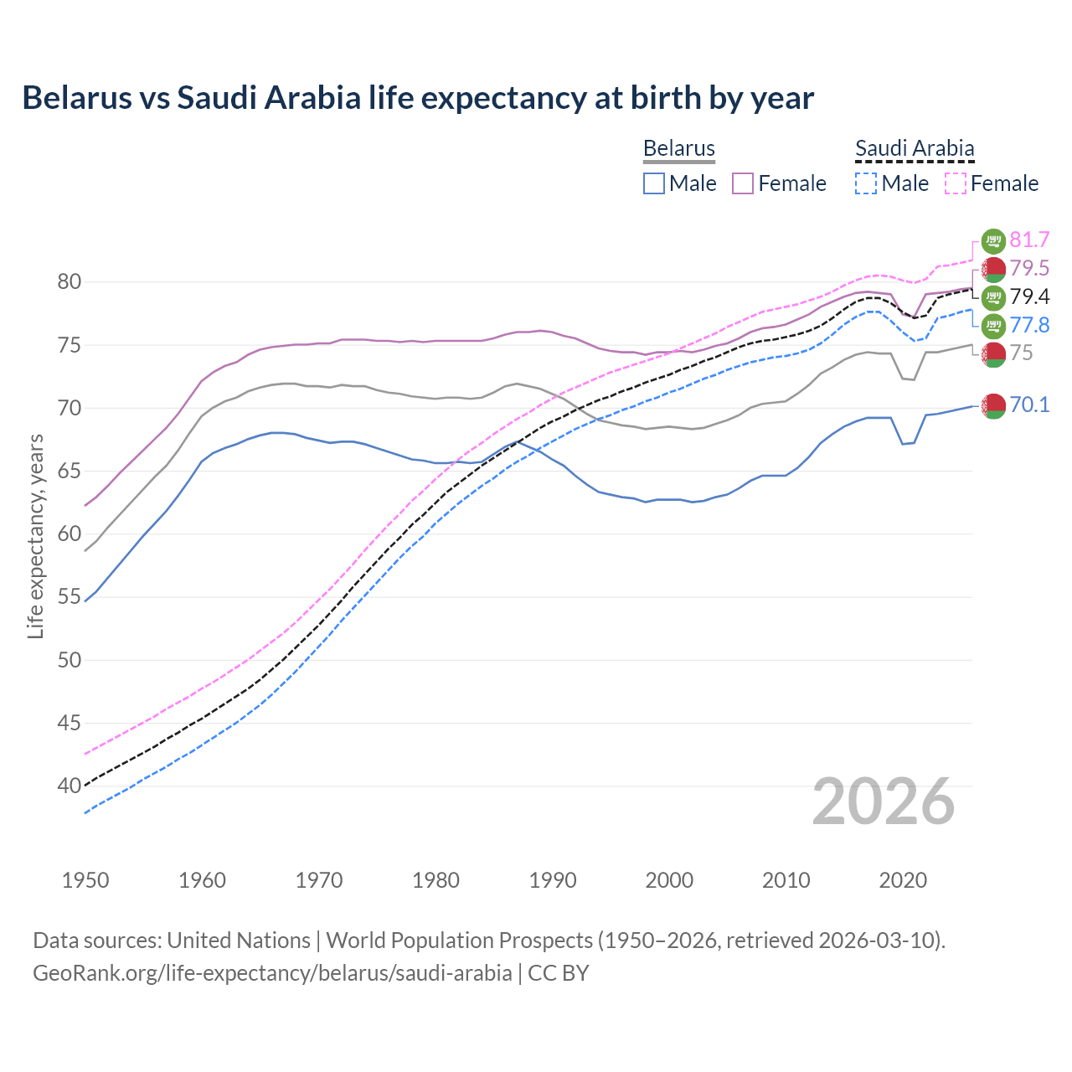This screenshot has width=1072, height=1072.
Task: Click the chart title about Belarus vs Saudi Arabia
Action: [x=418, y=98]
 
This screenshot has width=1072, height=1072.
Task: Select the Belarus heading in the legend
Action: [x=678, y=149]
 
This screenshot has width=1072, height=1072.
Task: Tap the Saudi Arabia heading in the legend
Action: [x=915, y=149]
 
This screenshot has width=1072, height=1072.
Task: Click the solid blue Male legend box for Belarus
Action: [x=654, y=183]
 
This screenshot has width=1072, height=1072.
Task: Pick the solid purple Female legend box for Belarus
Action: [x=744, y=183]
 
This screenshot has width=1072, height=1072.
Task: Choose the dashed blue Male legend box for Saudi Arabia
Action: [x=866, y=183]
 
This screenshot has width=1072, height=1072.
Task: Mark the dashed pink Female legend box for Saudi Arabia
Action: [x=956, y=183]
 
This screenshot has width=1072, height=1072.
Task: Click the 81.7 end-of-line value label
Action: [x=1029, y=240]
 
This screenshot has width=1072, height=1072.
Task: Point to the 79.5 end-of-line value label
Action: [x=1029, y=269]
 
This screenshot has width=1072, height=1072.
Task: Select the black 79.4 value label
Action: [x=1029, y=297]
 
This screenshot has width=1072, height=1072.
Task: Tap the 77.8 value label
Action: [x=1029, y=326]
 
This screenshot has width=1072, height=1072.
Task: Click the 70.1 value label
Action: [x=1029, y=405]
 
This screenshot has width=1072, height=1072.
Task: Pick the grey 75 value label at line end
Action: [x=1021, y=353]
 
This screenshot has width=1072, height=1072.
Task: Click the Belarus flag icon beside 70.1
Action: [x=993, y=405]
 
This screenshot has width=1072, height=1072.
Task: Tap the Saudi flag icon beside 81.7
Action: [x=993, y=240]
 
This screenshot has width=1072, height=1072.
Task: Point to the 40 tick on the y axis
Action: [x=70, y=786]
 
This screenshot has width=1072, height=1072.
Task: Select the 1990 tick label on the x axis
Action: [x=553, y=880]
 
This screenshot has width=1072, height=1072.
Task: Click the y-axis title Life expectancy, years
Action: [x=35, y=536]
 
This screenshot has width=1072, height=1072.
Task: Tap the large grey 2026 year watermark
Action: [x=884, y=801]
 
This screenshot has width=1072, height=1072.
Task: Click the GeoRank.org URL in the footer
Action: [x=272, y=973]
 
